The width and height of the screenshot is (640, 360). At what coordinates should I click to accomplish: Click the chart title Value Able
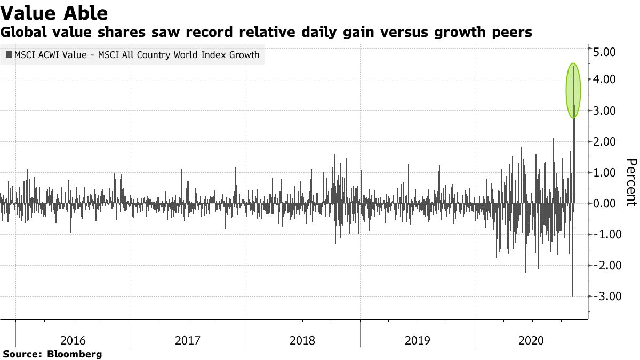[55, 12]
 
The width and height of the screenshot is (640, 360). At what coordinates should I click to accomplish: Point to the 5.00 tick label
[604, 52]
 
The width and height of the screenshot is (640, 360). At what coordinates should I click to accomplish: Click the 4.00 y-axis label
[604, 79]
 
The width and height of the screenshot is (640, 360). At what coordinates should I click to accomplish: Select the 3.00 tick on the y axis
[604, 111]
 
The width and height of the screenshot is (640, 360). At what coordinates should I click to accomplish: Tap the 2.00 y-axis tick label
[604, 142]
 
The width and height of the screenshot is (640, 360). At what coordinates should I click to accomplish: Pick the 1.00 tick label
[604, 173]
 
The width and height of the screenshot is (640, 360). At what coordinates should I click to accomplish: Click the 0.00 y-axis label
[604, 204]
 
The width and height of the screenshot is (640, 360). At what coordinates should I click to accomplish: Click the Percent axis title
[631, 182]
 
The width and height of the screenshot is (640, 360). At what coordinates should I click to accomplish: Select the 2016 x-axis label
[73, 340]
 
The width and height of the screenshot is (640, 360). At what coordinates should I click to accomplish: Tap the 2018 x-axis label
[302, 340]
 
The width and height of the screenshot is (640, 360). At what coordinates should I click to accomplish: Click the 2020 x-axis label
[531, 340]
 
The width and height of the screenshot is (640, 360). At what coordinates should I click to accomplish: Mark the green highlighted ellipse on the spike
[573, 91]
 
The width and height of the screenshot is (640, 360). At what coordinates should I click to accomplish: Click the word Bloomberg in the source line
[75, 354]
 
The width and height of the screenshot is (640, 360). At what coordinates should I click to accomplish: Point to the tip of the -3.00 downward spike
[572, 296]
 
